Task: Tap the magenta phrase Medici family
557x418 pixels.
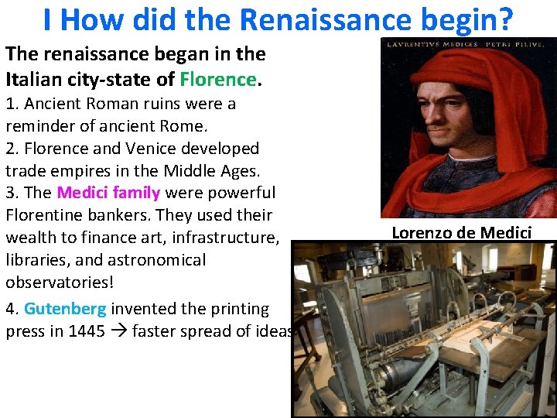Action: pos(108,192)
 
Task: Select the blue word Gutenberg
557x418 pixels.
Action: pos(65,309)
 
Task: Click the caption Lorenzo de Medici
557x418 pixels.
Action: pos(462,231)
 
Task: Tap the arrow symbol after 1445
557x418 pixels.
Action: pos(120,332)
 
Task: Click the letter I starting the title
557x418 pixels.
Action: pos(48,20)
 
